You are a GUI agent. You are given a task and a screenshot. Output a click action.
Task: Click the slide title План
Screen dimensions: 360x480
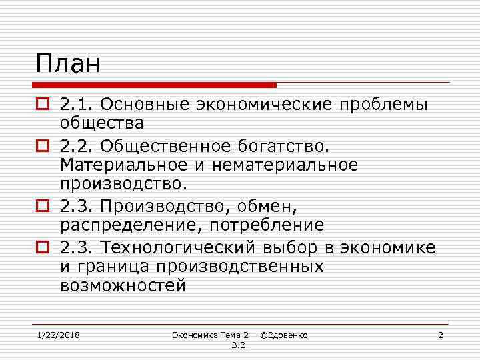tap(68, 64)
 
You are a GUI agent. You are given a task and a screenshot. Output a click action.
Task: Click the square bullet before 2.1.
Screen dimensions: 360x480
tap(42, 105)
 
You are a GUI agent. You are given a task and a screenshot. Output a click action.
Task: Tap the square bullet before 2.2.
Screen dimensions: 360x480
tap(42, 146)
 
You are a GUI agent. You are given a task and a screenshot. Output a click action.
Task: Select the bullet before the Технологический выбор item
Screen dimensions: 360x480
tap(42, 248)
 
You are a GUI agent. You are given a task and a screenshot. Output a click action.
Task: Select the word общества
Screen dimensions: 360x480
tap(101, 123)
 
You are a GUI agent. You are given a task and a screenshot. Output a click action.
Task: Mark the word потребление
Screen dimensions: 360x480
tap(268, 226)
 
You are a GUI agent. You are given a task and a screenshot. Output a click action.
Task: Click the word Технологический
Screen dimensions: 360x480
tap(177, 248)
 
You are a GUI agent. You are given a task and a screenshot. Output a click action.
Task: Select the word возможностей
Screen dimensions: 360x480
tap(122, 285)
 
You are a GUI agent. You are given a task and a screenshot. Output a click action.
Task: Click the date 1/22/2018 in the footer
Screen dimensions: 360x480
tap(58, 334)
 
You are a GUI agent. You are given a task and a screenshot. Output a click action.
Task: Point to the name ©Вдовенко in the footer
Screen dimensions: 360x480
tap(283, 334)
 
